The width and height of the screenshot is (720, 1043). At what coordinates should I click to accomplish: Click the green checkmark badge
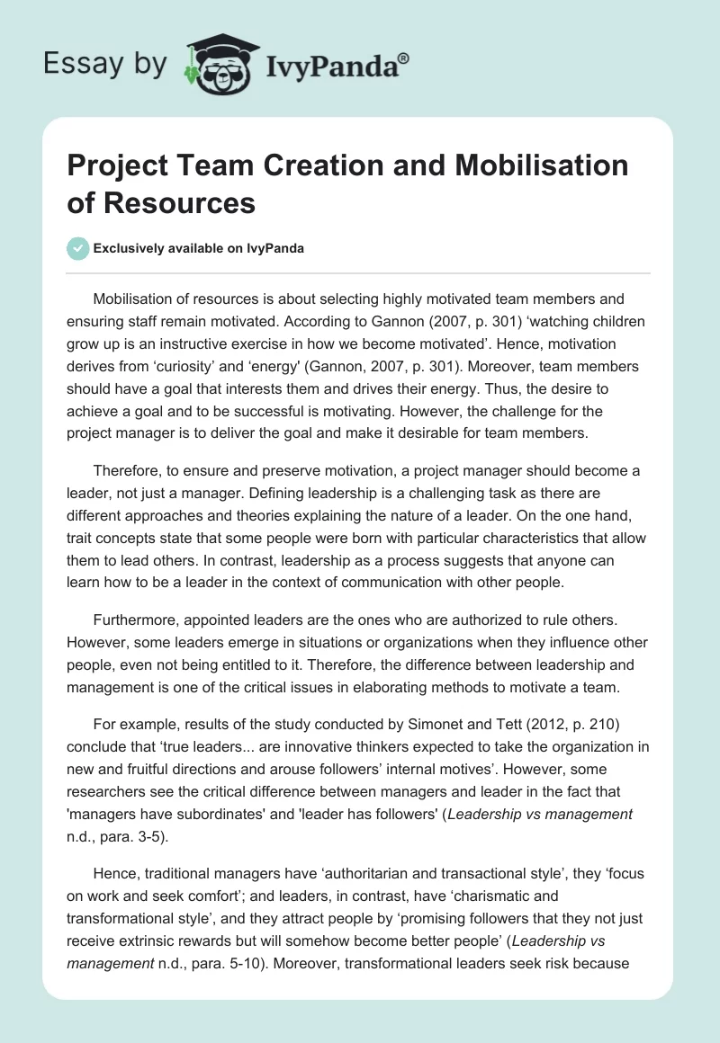click(78, 248)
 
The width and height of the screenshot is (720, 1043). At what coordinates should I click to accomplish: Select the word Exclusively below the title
click(130, 248)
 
